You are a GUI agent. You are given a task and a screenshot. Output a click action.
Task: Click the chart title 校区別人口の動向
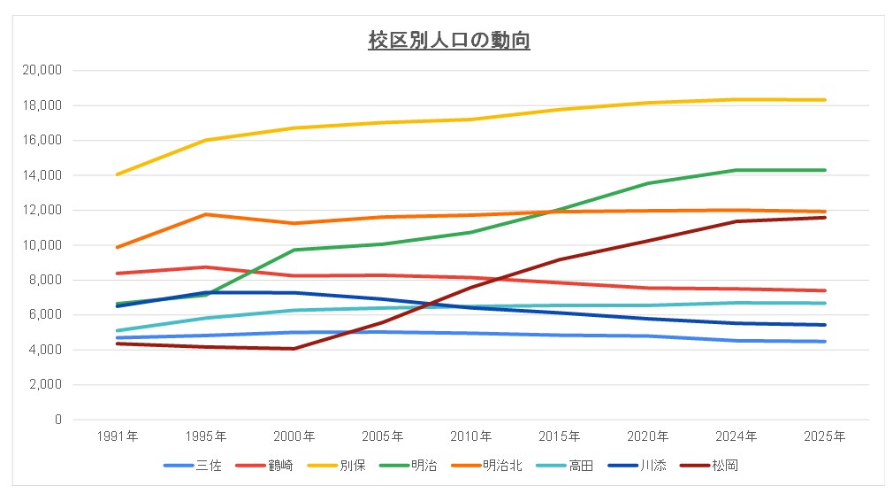[x=449, y=41]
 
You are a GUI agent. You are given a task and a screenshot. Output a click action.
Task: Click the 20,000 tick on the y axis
[x=42, y=70]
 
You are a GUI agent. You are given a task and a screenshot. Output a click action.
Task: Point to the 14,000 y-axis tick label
[x=42, y=175]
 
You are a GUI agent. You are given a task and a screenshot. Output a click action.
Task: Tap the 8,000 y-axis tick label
[x=46, y=280]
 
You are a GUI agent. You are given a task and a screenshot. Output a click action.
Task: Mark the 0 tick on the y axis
[x=57, y=420]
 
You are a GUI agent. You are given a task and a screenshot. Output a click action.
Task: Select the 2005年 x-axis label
[x=382, y=436]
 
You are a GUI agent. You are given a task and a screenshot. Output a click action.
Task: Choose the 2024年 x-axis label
[x=737, y=436]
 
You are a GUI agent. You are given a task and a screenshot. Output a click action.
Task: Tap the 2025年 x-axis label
[x=825, y=436]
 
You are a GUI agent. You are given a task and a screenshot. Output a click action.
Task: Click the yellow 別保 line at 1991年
[x=117, y=174]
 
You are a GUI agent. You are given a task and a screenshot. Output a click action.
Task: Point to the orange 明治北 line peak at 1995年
[x=205, y=214]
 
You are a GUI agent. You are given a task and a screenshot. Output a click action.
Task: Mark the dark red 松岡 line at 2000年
[x=294, y=349]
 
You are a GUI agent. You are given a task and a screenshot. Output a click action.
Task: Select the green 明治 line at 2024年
[x=737, y=170]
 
